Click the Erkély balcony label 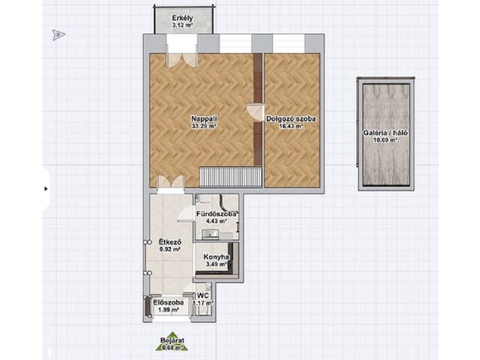point(182,17)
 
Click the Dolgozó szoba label point(291,118)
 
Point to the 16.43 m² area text point(291,126)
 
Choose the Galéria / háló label point(385,133)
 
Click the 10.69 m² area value point(385,140)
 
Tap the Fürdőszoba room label point(217,214)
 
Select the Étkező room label point(170,241)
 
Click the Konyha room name point(216,257)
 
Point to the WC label point(203,295)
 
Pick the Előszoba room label point(168,302)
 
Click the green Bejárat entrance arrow point(172,341)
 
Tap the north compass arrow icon point(58,35)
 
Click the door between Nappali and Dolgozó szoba point(255,112)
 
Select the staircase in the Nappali point(230,177)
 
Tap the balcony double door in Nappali point(181,58)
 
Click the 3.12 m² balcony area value point(182,25)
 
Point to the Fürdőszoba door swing point(185,213)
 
